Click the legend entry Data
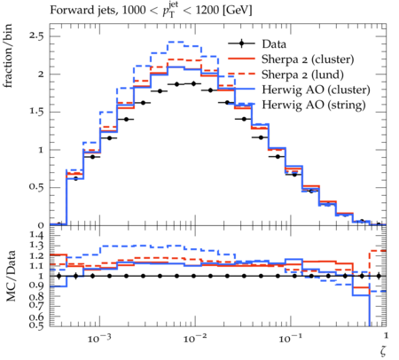[x=274, y=44]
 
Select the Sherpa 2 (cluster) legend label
[x=308, y=59]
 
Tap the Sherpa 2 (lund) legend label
[x=302, y=74]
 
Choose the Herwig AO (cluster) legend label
[x=316, y=90]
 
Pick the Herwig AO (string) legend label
[x=314, y=105]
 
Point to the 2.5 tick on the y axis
[x=35, y=36]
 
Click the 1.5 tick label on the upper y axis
[x=35, y=112]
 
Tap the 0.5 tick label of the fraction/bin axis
[x=35, y=187]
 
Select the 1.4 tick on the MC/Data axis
[x=35, y=236]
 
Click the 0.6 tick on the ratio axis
[x=35, y=317]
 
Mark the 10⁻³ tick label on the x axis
[x=99, y=338]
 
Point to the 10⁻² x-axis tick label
[x=194, y=338]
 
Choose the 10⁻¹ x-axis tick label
[x=290, y=338]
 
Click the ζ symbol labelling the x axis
[x=383, y=351]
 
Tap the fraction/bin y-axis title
[x=8, y=56]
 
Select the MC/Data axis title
[x=11, y=276]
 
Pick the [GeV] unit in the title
[x=237, y=11]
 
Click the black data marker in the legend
[x=241, y=44]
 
